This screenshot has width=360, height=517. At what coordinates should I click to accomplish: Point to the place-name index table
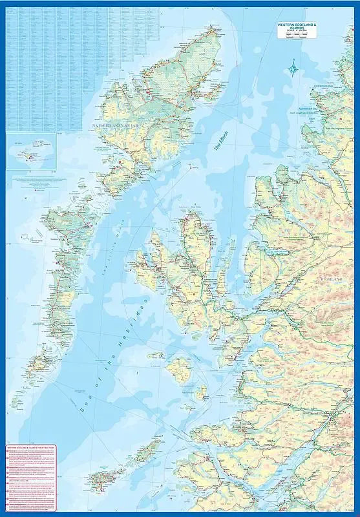click(x=81, y=65)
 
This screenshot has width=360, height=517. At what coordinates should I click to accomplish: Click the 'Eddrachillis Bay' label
click(x=323, y=86)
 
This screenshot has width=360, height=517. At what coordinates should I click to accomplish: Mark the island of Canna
click(x=156, y=355)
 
